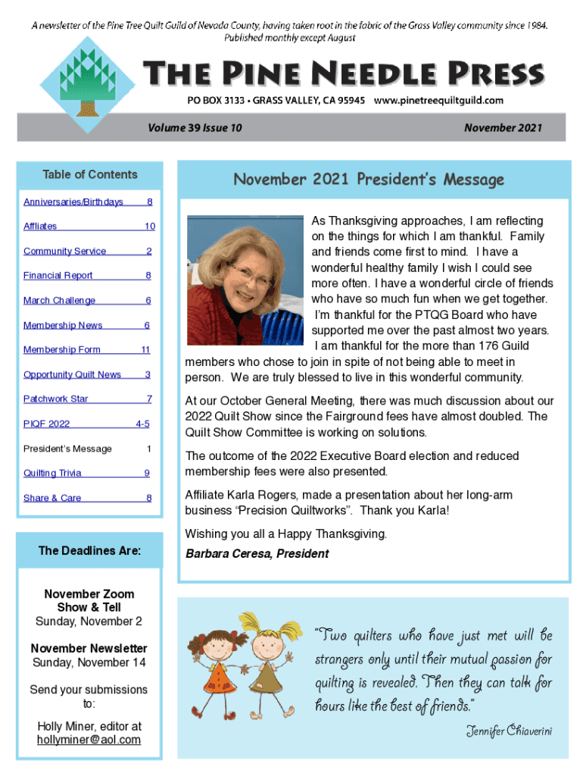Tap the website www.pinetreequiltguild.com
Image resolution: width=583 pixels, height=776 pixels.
point(439,100)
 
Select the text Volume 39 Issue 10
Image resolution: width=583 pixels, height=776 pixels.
point(198,128)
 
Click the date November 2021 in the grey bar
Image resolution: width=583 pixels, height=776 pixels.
point(503,128)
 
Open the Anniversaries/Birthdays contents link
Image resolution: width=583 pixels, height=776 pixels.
point(73,202)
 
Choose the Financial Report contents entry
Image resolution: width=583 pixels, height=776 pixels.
point(58,276)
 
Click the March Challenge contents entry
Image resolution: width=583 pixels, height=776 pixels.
point(60,301)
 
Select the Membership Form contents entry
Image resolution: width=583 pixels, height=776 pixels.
point(62,349)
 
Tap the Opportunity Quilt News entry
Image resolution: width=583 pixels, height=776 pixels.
point(72,374)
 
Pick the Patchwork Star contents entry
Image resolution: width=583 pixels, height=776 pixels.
point(56,399)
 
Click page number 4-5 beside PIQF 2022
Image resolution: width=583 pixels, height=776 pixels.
point(142,424)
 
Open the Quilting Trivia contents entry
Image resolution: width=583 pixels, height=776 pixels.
point(52,473)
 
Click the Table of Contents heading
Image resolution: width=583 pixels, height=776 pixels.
point(90,174)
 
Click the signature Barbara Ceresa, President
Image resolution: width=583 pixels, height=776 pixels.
point(257,554)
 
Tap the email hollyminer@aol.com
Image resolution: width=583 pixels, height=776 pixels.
point(89,740)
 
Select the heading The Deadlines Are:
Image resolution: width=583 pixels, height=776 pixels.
point(89,551)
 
